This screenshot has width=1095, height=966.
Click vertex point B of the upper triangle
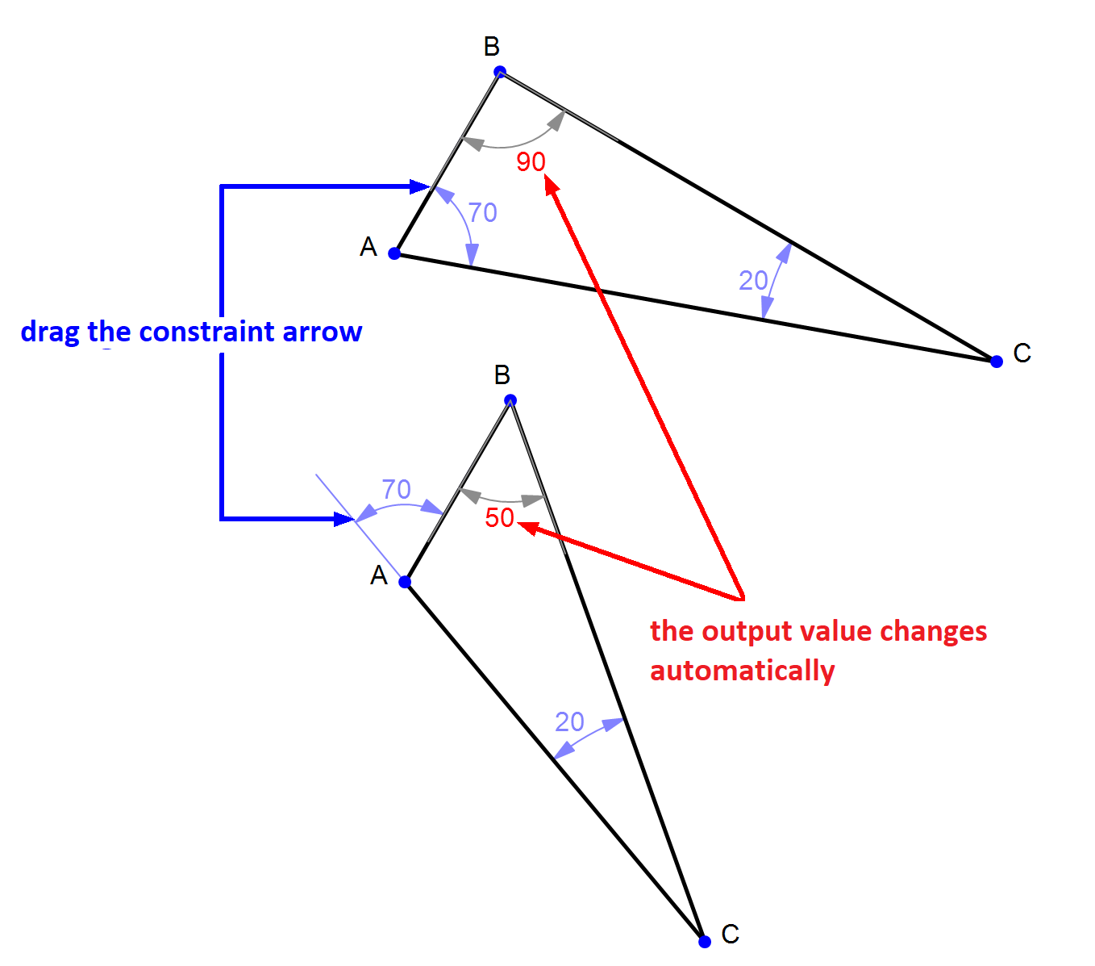(x=500, y=72)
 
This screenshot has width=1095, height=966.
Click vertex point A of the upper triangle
(x=394, y=253)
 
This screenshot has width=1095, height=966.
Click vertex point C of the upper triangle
(x=997, y=361)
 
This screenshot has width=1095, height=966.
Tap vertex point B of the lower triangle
(x=510, y=400)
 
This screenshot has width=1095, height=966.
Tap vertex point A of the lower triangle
(x=406, y=582)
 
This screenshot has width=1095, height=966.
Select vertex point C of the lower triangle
(x=705, y=941)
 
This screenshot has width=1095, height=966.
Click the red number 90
(x=531, y=162)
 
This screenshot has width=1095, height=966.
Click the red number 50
(x=499, y=518)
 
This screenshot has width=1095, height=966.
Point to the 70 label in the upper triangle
(x=482, y=212)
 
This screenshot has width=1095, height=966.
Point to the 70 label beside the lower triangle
(x=396, y=489)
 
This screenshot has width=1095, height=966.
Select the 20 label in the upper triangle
(x=753, y=281)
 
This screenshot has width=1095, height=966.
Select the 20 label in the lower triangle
(x=569, y=721)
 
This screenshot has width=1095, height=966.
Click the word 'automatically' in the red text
(x=742, y=671)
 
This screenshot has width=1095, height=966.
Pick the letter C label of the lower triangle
(x=731, y=935)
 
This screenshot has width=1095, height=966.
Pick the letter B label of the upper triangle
(x=492, y=47)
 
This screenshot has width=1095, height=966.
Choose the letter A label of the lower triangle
(x=379, y=575)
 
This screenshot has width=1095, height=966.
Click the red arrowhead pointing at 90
(x=552, y=186)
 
